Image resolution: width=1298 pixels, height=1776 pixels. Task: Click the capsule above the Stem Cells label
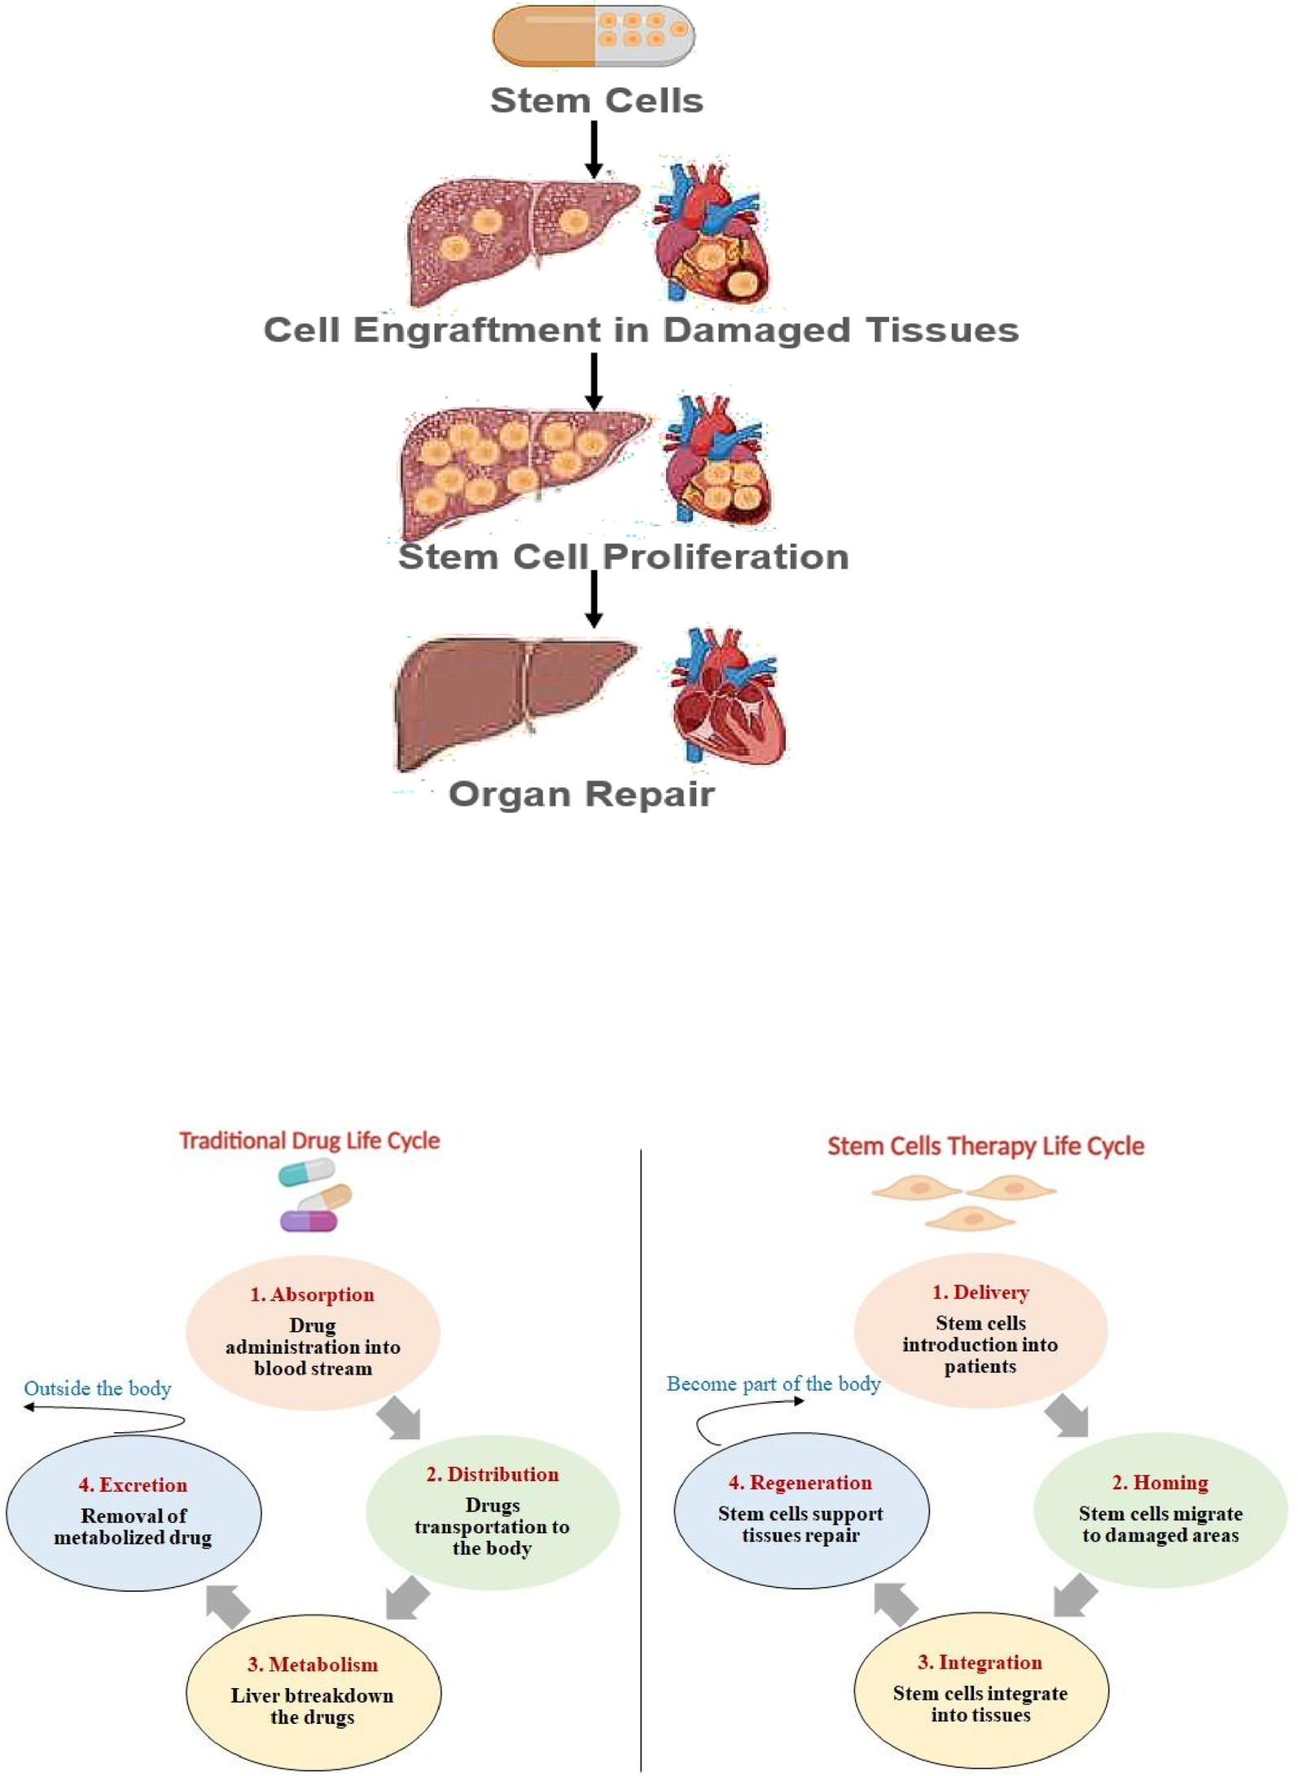pos(594,36)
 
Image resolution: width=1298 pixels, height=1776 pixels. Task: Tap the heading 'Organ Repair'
pos(581,794)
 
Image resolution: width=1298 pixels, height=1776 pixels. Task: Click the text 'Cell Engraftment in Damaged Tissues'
pos(641,330)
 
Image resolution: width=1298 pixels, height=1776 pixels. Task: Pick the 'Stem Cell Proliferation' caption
pos(623,557)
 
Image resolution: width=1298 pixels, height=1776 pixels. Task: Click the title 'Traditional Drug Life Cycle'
pos(309,1141)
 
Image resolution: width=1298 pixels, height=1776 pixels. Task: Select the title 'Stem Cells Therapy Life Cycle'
pos(985,1146)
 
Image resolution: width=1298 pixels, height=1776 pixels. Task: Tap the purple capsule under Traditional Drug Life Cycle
pos(309,1220)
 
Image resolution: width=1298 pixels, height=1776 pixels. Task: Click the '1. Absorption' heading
pos(312,1295)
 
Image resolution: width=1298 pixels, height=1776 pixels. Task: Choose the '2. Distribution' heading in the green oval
pos(492,1474)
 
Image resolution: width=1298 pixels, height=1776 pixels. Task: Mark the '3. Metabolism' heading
pos(313,1664)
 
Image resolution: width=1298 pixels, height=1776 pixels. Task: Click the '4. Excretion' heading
pos(133,1484)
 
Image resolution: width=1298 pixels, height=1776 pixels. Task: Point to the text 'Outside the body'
pos(98,1388)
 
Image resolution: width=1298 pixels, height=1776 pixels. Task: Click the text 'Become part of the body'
pos(774,1383)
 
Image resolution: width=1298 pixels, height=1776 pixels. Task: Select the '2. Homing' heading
pos(1160,1482)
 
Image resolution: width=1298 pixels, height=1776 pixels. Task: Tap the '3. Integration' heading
pos(980,1662)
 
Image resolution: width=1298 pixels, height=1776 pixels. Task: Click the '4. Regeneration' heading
pos(800,1482)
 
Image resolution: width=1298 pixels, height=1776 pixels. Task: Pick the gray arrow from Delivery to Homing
pos(1067,1416)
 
